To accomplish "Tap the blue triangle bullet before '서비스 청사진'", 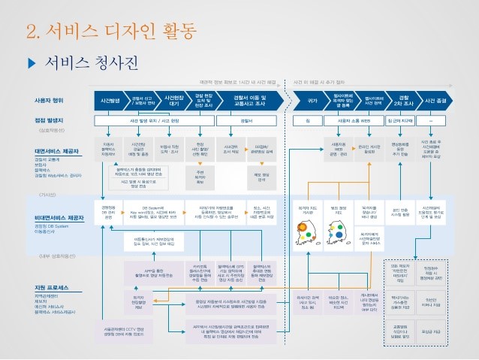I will (x=31, y=61).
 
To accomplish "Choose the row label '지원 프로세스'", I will (x=53, y=289).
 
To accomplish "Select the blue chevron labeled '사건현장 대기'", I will (x=175, y=99).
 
